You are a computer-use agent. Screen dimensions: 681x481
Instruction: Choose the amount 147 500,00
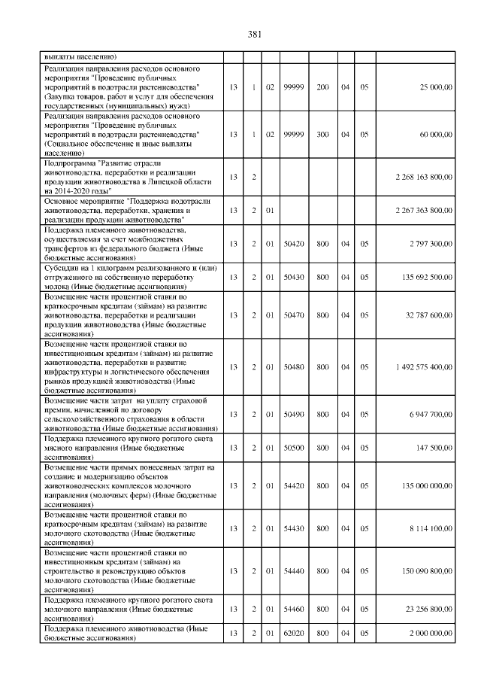[434, 447]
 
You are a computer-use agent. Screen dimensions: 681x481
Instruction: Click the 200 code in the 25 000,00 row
[322, 88]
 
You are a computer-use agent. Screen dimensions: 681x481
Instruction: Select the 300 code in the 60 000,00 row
[322, 134]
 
